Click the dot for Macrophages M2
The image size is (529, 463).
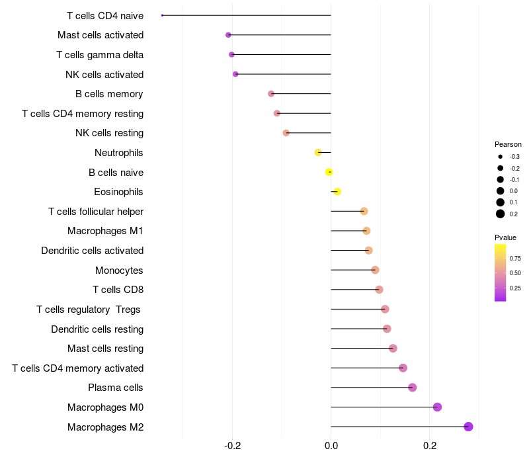click(x=468, y=427)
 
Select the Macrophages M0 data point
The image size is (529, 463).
click(x=437, y=407)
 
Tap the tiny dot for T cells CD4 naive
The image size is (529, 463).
click(x=162, y=15)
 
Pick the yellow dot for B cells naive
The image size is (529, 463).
click(x=329, y=172)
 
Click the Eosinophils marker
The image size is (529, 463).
click(x=337, y=192)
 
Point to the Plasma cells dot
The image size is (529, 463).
click(x=413, y=388)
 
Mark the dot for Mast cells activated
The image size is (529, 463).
click(x=228, y=35)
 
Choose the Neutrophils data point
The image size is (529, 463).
click(x=318, y=152)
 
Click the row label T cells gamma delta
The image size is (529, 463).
click(x=100, y=55)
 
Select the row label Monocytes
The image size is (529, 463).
click(x=119, y=271)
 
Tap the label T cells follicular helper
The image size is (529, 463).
click(x=96, y=212)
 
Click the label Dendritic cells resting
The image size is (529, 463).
click(x=97, y=329)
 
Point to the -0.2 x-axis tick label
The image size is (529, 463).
click(x=232, y=446)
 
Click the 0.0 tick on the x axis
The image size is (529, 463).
click(x=331, y=446)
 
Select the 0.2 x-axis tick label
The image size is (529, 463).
click(x=430, y=446)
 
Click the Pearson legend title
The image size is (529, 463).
click(x=508, y=144)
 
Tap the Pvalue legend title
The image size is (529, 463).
click(x=505, y=237)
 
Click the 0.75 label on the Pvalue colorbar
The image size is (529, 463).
click(x=515, y=258)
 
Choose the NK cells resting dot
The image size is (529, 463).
click(x=286, y=133)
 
